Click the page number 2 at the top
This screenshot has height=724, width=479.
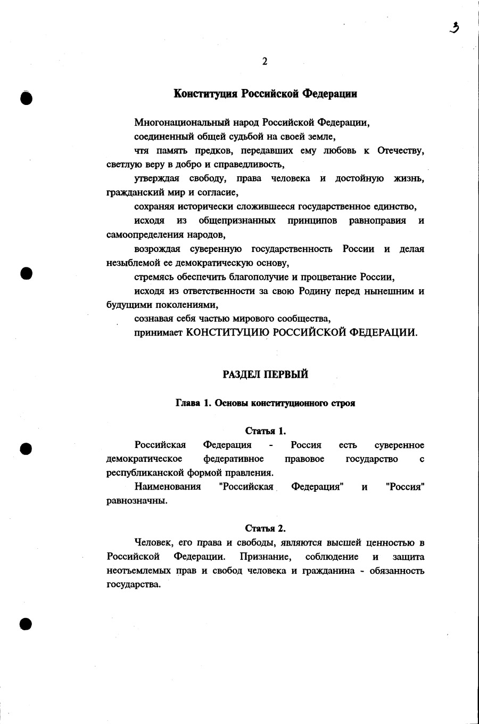[265, 61]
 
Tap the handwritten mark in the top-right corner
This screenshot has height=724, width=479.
[454, 28]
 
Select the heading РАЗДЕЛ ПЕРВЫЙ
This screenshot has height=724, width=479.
[265, 375]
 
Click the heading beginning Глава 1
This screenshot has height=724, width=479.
[265, 403]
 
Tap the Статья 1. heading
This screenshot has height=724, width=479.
[265, 430]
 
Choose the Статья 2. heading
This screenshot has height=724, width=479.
[265, 528]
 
